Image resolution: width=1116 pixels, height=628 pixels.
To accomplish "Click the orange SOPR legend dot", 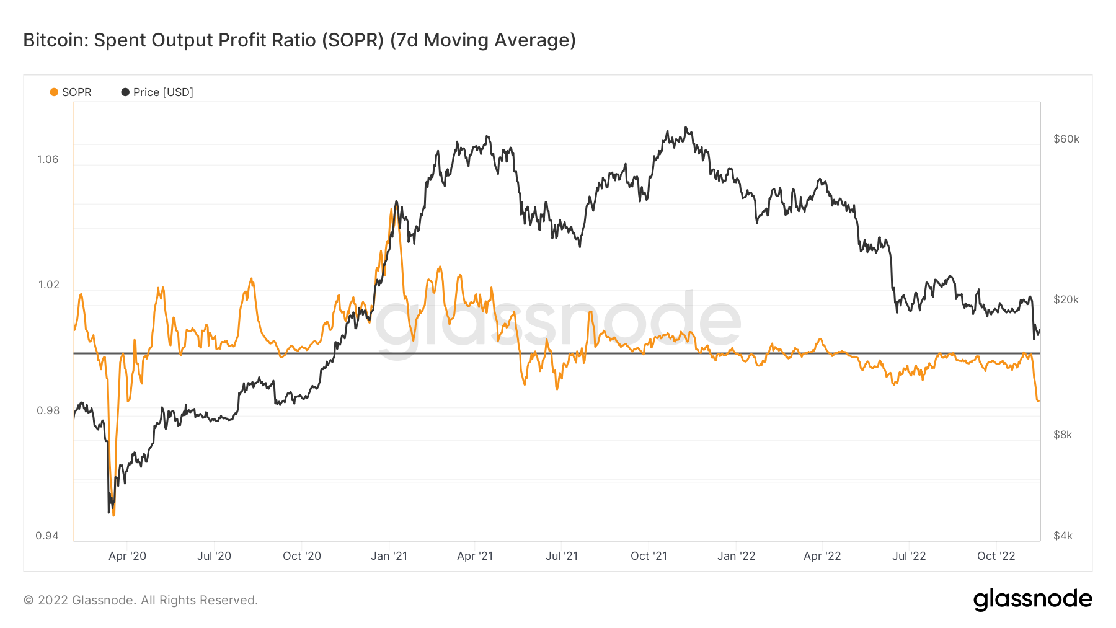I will point(54,92).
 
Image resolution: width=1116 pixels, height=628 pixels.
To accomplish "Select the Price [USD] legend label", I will point(163,92).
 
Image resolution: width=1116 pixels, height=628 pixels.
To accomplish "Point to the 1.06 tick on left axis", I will point(48,159).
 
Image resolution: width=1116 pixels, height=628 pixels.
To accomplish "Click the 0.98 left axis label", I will point(48,410).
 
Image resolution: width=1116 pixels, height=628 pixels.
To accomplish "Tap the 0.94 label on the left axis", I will point(47,536).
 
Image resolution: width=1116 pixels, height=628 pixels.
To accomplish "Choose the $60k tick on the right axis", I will point(1066,139).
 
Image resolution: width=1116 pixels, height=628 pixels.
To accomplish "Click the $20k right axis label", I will point(1066,299).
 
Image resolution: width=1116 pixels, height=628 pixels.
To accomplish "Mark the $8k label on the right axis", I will point(1063,435).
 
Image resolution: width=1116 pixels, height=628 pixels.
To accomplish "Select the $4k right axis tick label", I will point(1063,536).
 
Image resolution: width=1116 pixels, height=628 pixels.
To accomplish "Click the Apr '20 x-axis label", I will point(127,556).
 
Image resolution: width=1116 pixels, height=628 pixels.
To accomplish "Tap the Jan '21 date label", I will point(389,556).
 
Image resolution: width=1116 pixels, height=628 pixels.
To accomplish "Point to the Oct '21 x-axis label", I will point(649,556).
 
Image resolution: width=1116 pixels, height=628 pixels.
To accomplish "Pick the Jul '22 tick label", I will point(908,556).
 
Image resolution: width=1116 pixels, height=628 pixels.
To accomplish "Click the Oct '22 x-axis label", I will point(996,556).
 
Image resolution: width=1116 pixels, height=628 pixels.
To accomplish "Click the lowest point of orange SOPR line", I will point(113,515).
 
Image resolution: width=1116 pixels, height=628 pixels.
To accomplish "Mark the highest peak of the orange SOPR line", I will point(392,210).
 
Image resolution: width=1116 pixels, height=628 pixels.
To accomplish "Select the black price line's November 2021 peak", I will point(686,128).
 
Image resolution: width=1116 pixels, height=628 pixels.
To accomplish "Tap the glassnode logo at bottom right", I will point(1032,599).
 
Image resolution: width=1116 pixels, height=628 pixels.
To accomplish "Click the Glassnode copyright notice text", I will point(141,600).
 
